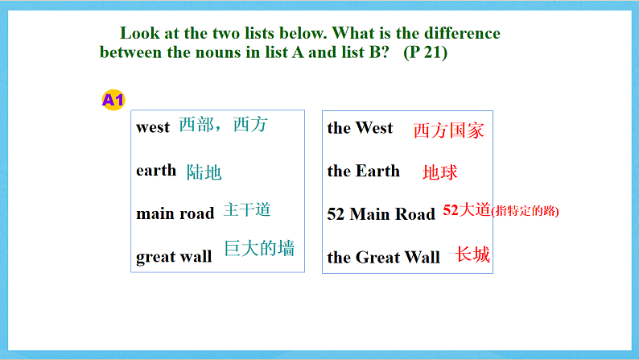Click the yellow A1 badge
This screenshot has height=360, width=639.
[x=113, y=100]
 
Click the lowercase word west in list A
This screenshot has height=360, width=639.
[x=153, y=127]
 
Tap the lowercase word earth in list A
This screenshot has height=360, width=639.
[x=156, y=170]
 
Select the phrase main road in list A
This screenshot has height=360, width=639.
[x=175, y=213]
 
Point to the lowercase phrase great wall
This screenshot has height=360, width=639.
[x=174, y=257]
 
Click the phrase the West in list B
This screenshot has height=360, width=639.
[x=360, y=128]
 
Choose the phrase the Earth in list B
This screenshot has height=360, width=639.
[x=363, y=171]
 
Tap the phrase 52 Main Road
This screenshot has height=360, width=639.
[x=381, y=214]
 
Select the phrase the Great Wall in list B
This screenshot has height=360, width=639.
[x=383, y=258]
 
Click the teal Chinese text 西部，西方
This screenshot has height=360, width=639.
[x=223, y=125]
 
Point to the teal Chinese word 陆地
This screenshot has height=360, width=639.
[x=204, y=172]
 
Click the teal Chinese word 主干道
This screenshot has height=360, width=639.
[x=247, y=210]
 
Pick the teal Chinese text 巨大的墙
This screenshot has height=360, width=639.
[x=259, y=248]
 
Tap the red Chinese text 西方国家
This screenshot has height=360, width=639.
[x=448, y=130]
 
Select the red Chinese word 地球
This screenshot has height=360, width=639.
[x=440, y=172]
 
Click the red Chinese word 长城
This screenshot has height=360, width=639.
[x=472, y=255]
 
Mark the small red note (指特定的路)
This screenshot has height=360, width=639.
[x=525, y=212]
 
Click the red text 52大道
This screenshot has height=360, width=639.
[x=466, y=211]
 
